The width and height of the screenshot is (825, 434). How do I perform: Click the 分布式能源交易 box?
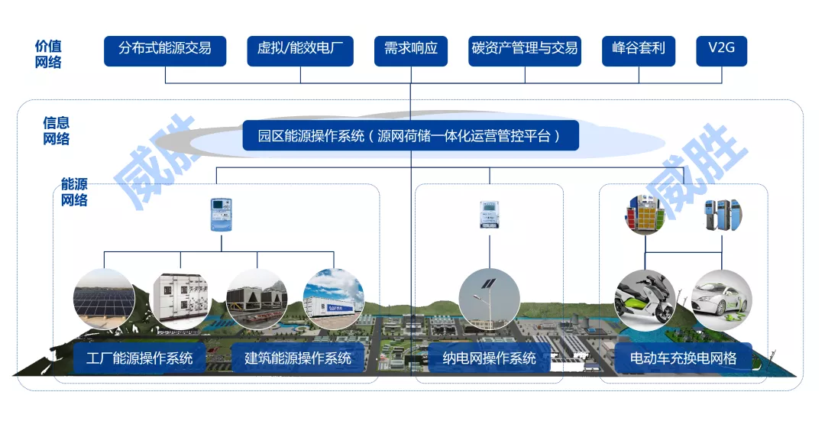pos(165,50)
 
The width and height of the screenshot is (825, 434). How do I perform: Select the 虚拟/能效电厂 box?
pos(300,50)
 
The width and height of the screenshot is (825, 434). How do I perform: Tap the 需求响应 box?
pos(411,50)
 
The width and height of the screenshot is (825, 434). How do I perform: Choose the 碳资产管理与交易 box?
pos(525,50)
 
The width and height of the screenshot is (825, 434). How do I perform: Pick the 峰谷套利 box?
pos(639,50)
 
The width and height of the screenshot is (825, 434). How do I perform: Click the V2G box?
pos(721,50)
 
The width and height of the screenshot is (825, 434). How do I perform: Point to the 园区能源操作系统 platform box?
pos(410,136)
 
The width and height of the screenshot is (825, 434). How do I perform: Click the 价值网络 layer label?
pos(47,54)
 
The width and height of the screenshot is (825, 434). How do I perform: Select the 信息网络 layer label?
pos(56,131)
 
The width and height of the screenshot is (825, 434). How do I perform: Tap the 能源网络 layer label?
pos(74,193)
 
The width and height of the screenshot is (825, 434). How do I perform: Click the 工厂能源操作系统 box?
pos(139,358)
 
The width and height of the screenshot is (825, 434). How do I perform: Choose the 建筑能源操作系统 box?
pos(298,358)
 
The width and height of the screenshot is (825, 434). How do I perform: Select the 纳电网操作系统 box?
pos(489,358)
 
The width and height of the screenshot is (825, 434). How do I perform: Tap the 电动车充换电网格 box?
pos(683,358)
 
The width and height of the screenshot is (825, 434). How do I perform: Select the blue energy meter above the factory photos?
pos(221,215)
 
